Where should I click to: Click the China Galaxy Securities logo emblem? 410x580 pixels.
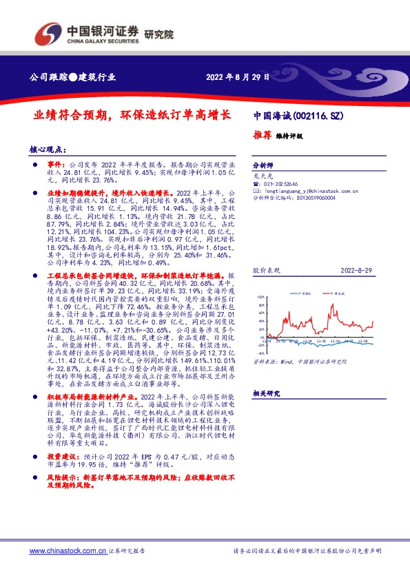click(x=48, y=33)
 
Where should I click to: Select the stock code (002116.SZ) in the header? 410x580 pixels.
click(x=318, y=116)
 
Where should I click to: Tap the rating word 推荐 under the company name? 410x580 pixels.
click(x=262, y=136)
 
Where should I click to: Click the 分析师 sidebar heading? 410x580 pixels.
click(x=263, y=166)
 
